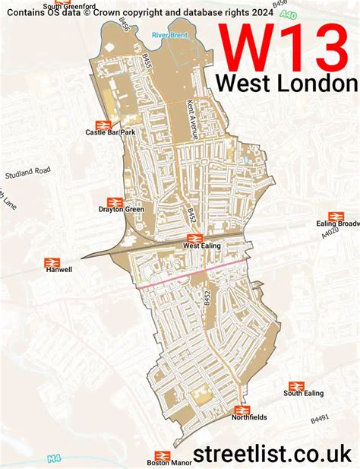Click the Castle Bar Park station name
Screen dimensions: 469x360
[x=109, y=132]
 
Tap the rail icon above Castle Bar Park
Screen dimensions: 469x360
[x=104, y=124]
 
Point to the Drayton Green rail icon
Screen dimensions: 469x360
[x=115, y=201]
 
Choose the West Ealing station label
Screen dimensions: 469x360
[x=202, y=246]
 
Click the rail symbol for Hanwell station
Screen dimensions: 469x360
[x=52, y=261]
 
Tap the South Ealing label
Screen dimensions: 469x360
[x=303, y=393]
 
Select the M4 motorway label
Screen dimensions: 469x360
[x=52, y=458]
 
